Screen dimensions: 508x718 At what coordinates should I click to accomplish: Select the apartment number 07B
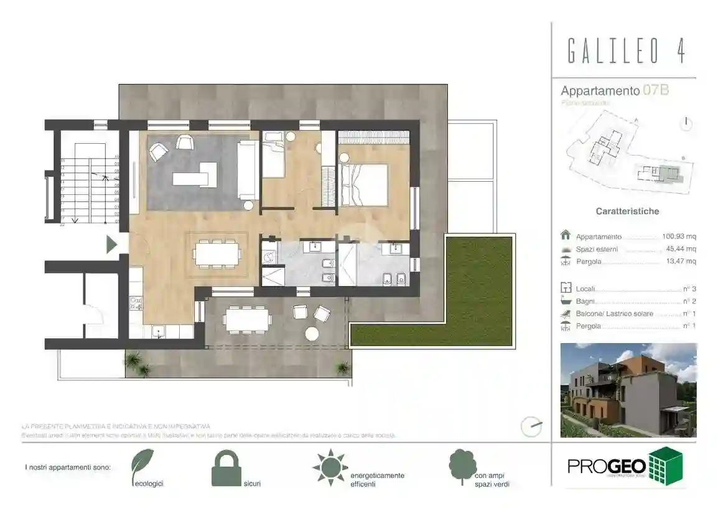[x=656, y=90]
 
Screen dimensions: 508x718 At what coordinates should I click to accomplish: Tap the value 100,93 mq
[x=678, y=237]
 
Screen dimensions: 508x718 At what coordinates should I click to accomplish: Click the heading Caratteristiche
[x=627, y=211]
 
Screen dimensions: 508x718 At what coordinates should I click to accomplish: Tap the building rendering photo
[x=628, y=390]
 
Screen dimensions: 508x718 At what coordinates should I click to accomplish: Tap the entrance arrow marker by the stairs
[x=112, y=244]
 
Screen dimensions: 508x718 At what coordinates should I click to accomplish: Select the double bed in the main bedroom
[x=363, y=184]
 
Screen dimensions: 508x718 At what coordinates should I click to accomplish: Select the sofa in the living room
[x=248, y=169]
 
